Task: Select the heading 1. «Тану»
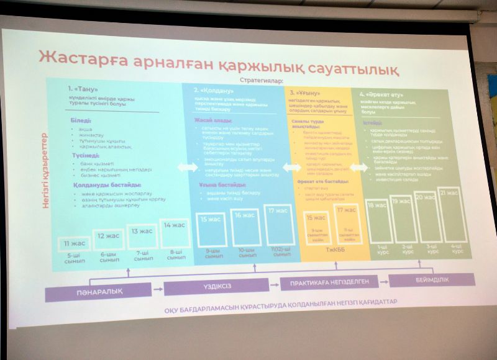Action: click(82, 89)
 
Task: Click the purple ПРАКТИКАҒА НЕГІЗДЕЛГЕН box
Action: click(329, 284)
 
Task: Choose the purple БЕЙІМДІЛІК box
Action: click(431, 280)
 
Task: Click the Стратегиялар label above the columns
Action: click(260, 80)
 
